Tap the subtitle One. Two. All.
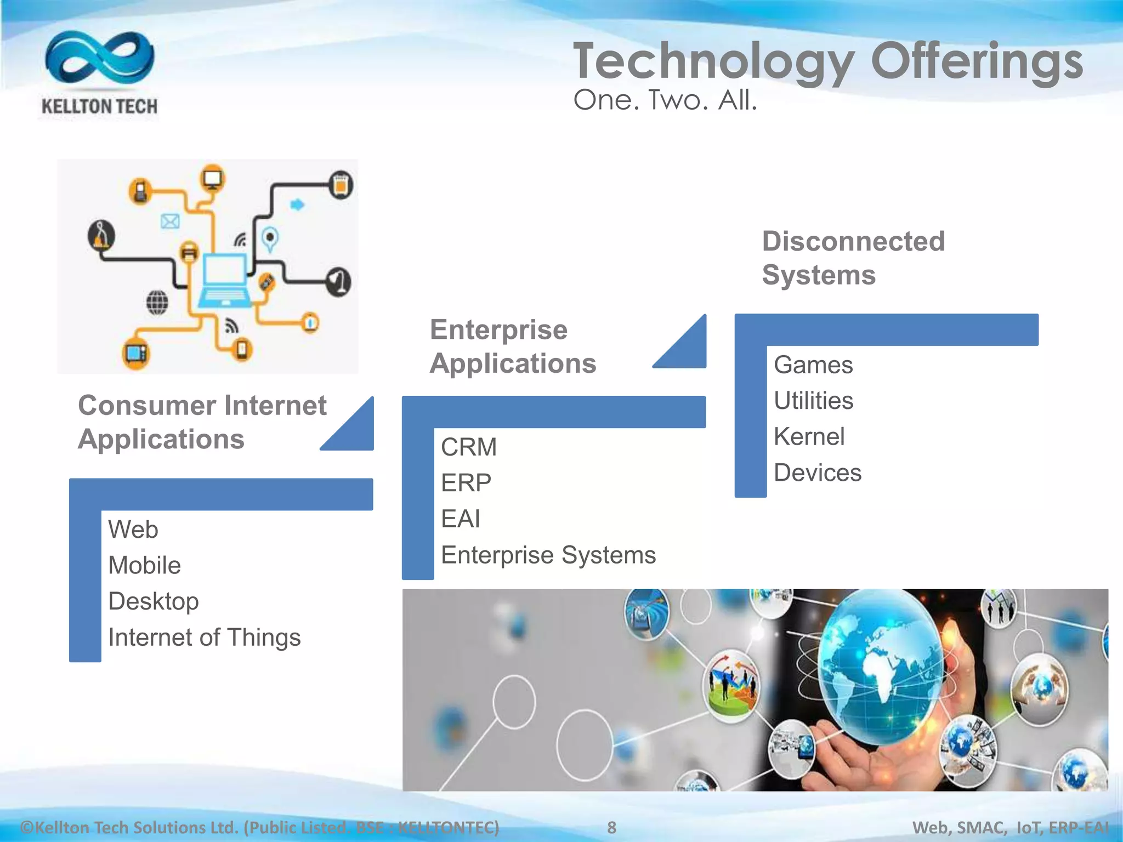coord(665,100)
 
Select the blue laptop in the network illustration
coord(225,281)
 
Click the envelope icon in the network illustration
coord(170,221)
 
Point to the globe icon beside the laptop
coord(157,302)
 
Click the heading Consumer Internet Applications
coord(202,422)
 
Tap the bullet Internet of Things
coord(204,638)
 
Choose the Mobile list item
coord(144,565)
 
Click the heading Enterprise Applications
coord(512,346)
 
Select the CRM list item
coord(469,447)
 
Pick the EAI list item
coord(461,519)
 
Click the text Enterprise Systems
coord(548,555)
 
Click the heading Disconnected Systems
coord(853,258)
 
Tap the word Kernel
coord(809,437)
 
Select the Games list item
coord(813,365)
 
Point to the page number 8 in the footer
coord(611,827)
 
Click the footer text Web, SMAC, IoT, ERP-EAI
coord(1010,827)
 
